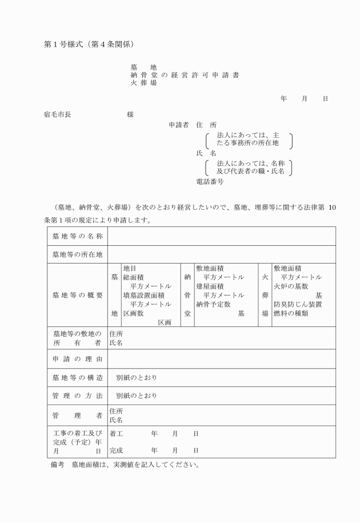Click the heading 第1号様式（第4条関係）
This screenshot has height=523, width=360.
click(89, 44)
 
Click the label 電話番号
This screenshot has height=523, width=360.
click(210, 182)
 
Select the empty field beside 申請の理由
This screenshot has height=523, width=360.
click(221, 359)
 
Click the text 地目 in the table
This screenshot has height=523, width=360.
click(130, 268)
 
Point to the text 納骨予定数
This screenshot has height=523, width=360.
click(213, 304)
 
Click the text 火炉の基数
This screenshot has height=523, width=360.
click(291, 286)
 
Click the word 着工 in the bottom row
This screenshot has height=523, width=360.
click(116, 434)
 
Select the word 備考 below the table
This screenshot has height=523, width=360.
click(58, 464)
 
